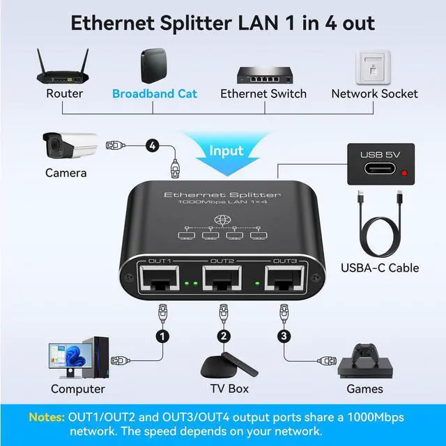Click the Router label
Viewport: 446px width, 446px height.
64,93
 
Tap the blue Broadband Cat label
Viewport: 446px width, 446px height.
155,93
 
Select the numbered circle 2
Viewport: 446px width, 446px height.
224,337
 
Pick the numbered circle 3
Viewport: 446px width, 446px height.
283,337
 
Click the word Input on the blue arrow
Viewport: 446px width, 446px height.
227,151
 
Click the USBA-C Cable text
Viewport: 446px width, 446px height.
380,268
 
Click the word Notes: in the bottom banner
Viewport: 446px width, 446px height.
46,417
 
